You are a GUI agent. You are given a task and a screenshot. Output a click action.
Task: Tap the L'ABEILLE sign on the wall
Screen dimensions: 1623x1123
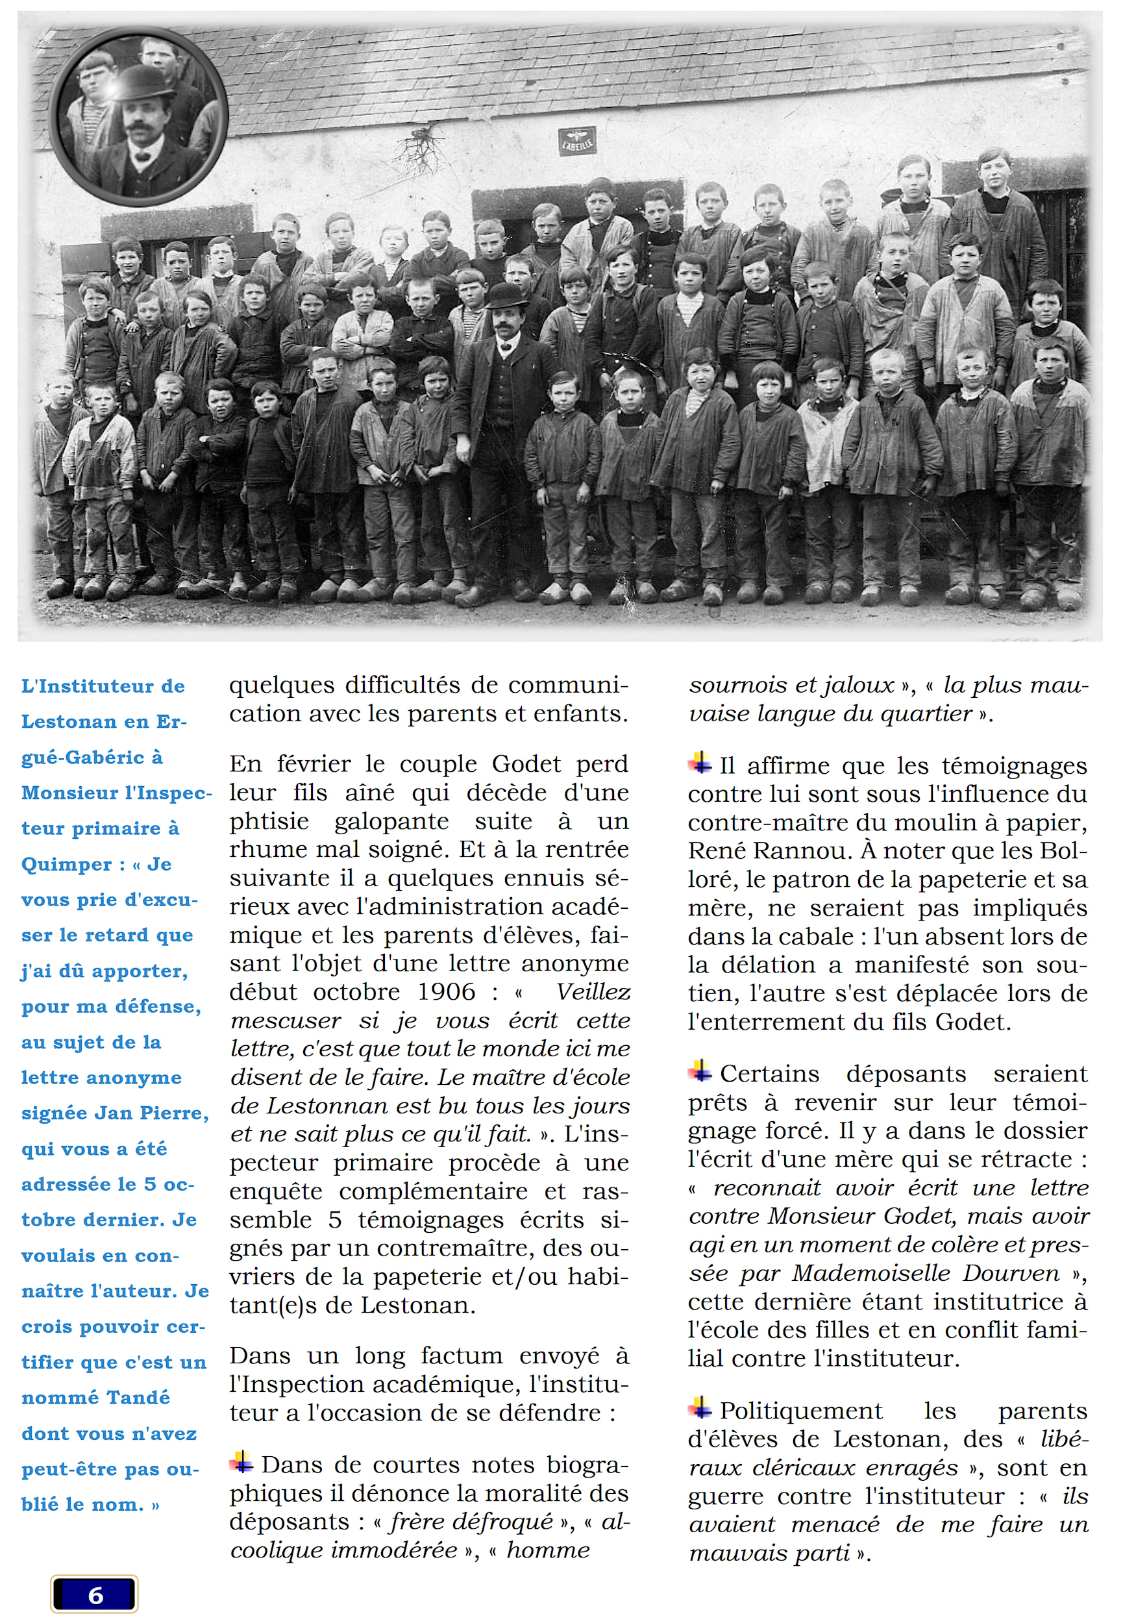(576, 142)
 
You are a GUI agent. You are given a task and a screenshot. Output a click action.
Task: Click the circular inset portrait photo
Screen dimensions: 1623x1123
(139, 116)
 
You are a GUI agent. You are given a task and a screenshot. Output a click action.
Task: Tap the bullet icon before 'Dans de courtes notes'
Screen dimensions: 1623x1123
(241, 1462)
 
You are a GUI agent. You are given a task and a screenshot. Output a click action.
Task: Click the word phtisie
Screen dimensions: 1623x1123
(269, 822)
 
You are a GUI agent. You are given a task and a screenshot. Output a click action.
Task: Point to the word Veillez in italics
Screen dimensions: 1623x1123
(593, 992)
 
